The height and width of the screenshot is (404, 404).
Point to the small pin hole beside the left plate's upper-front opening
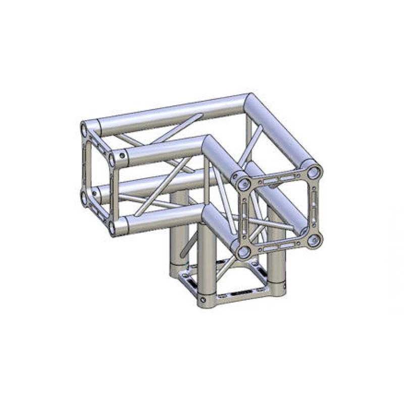pyautogui.click(x=121, y=155)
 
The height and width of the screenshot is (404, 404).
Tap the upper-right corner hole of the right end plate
pyautogui.click(x=315, y=172)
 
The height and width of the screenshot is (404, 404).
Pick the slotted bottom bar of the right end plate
pyautogui.click(x=279, y=246)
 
